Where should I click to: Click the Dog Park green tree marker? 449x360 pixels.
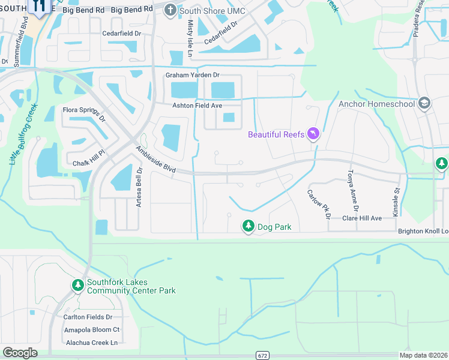click(248, 226)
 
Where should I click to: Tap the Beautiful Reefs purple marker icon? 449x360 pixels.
click(313, 133)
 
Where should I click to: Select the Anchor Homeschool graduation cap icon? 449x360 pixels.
click(425, 103)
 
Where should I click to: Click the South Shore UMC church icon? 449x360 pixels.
click(171, 10)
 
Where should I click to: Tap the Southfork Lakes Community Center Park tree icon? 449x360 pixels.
click(77, 286)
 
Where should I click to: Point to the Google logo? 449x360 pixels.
click(20, 353)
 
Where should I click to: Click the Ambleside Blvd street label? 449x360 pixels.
click(155, 160)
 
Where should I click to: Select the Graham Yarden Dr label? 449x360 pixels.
click(193, 75)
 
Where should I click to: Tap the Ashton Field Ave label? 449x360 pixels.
click(197, 105)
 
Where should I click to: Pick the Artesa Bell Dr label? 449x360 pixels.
click(139, 188)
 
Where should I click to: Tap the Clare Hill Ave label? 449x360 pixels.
click(362, 218)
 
